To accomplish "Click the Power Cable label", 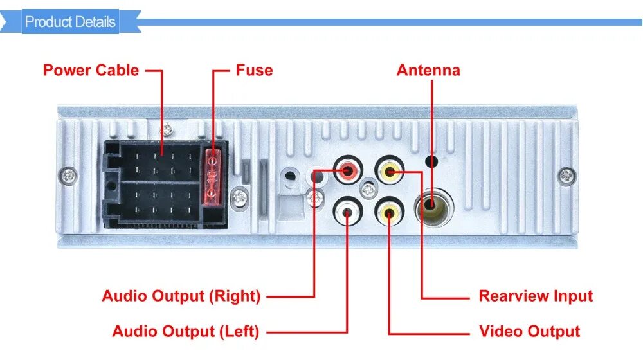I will coord(91,70).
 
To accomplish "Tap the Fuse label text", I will coord(254,70).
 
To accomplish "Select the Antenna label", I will coord(428,70).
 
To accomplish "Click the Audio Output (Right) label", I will coord(181,296).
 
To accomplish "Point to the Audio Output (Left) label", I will coord(185,332).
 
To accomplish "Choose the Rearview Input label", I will coord(536,296).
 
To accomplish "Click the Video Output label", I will coord(529,332).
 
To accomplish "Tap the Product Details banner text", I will coord(70,22).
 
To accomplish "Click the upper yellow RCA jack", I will coord(388,171).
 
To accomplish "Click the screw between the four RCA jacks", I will coord(368,190).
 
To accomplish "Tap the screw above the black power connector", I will coord(167,128).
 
